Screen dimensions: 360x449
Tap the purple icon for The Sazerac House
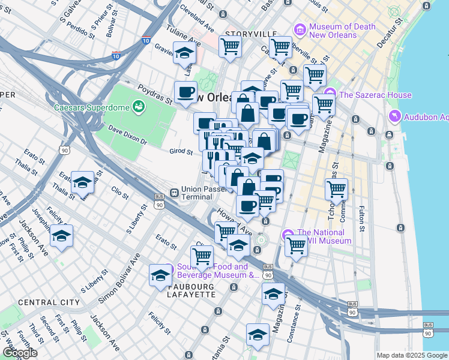click(330, 95)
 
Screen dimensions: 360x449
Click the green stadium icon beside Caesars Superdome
click(139, 107)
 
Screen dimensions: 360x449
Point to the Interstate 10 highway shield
click(146, 41)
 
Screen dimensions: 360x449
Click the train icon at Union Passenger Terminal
click(173, 193)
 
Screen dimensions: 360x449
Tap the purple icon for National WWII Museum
click(289, 234)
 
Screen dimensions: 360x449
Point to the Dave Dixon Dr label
click(127, 134)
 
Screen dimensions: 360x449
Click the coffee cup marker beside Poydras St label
click(185, 92)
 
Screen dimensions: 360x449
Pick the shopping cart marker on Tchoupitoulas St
click(336, 190)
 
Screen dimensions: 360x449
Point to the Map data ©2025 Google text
click(411, 355)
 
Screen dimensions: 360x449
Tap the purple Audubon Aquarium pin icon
click(394, 116)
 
